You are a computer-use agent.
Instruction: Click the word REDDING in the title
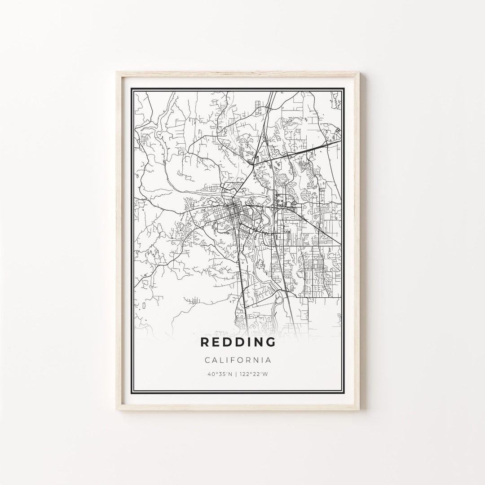238,342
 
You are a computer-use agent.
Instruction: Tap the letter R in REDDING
204,342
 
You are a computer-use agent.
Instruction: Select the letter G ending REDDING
270,342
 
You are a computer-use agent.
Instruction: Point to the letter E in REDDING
215,342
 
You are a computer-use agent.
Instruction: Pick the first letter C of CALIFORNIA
207,360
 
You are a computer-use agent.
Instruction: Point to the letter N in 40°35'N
231,374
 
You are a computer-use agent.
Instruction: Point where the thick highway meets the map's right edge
340,140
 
